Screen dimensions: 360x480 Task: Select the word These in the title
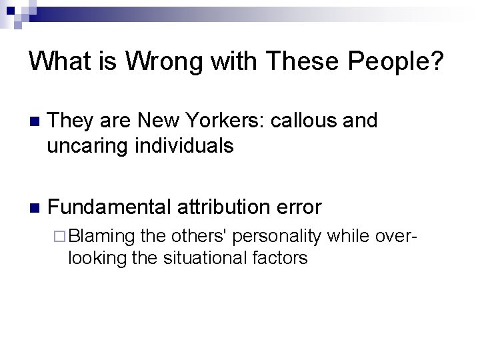(297, 61)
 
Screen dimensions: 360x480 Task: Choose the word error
(297, 208)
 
